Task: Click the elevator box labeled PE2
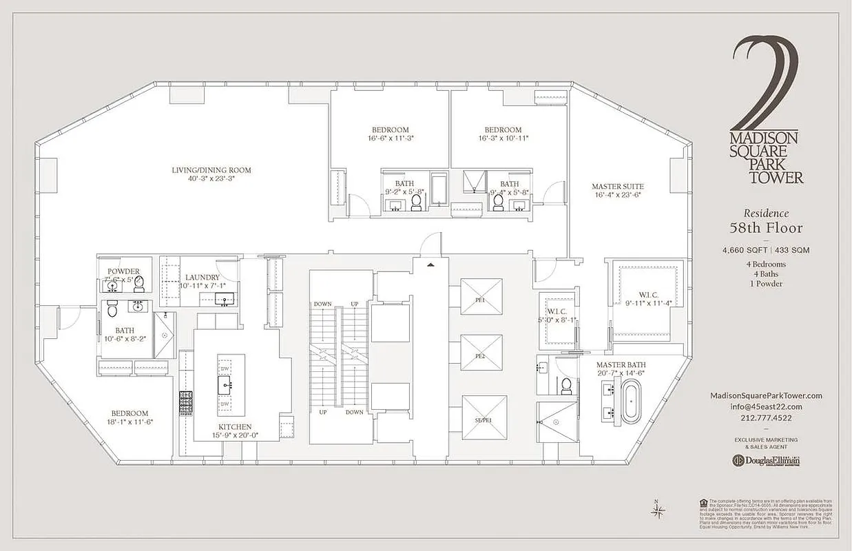481,355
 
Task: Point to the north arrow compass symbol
657,510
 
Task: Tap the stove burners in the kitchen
186,400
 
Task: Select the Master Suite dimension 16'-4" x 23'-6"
618,194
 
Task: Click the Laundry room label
202,278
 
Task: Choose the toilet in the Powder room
138,282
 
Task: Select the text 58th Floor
765,228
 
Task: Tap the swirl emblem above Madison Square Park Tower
765,79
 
